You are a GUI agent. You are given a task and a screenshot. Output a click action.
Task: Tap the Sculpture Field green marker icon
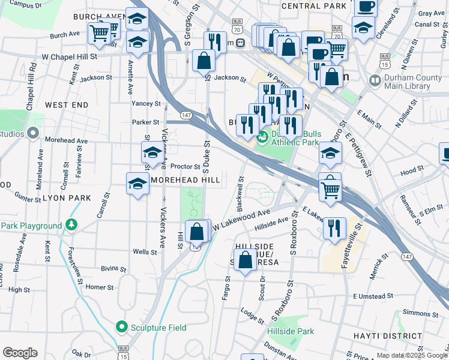(x=122, y=327)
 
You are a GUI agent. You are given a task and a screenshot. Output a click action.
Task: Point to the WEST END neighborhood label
(x=66, y=105)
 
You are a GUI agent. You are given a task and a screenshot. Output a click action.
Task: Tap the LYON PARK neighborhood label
(x=67, y=197)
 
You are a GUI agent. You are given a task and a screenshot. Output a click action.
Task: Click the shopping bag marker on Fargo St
(x=245, y=261)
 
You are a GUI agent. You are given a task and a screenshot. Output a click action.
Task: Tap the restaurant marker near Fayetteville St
(x=334, y=228)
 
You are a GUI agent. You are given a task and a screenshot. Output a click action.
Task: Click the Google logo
(x=20, y=353)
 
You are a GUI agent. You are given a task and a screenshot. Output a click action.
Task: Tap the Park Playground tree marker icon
(x=71, y=225)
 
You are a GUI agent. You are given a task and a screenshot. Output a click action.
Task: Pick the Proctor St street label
(x=185, y=166)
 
